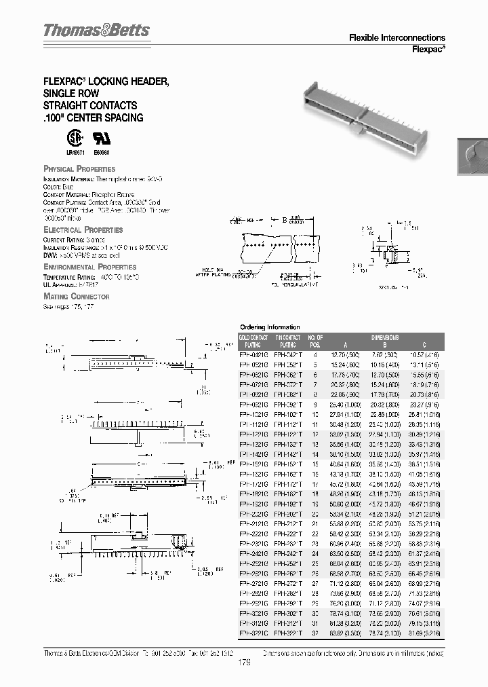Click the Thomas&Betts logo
coord(96,31)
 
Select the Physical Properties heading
coord(79,168)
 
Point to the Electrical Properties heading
coord(83,230)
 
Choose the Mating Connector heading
coord(76,297)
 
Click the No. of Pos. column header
coord(315,341)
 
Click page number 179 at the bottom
coord(244,664)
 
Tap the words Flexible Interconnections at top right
coord(396,38)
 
